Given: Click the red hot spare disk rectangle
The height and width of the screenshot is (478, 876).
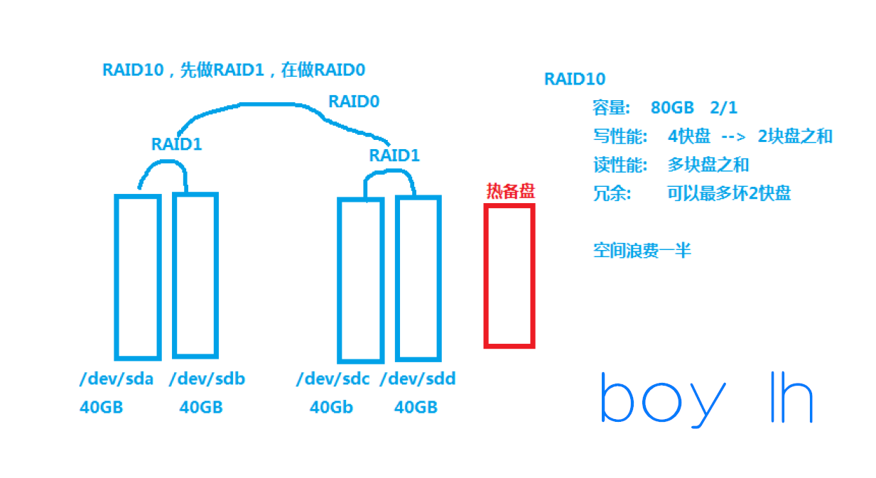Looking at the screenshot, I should click(x=509, y=276).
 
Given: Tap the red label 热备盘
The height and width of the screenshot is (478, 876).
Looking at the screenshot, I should click(x=509, y=190).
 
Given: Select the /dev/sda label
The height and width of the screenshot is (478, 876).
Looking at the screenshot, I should click(x=117, y=379).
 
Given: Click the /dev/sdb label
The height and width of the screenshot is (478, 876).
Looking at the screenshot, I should click(x=207, y=379).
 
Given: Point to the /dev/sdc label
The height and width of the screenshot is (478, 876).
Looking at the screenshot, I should click(x=333, y=379).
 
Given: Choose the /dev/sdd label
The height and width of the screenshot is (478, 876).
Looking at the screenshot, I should click(x=417, y=379).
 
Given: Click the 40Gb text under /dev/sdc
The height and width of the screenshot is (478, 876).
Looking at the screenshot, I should click(x=331, y=408).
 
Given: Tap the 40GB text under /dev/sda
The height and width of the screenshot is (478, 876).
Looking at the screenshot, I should click(x=101, y=408).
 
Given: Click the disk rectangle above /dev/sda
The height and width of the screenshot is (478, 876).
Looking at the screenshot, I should click(x=137, y=276).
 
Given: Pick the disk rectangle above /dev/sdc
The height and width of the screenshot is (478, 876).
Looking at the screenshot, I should click(x=360, y=280).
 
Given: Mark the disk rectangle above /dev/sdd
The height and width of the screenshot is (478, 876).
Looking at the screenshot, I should click(x=418, y=278).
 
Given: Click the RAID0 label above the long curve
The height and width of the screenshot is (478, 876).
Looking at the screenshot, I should click(x=354, y=102).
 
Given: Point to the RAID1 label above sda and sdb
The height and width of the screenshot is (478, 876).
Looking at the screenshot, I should click(x=177, y=144).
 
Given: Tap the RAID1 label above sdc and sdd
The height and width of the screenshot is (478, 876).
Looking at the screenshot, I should click(x=394, y=156).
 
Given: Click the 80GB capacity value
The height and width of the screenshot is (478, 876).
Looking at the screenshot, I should click(x=672, y=108).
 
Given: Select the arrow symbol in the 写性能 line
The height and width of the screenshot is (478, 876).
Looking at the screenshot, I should click(x=733, y=136).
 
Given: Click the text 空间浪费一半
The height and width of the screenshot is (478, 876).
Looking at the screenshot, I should click(x=642, y=250).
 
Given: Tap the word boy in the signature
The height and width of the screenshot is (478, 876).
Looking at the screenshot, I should click(x=662, y=401).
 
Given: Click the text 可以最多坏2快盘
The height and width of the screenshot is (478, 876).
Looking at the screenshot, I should click(x=729, y=193).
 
